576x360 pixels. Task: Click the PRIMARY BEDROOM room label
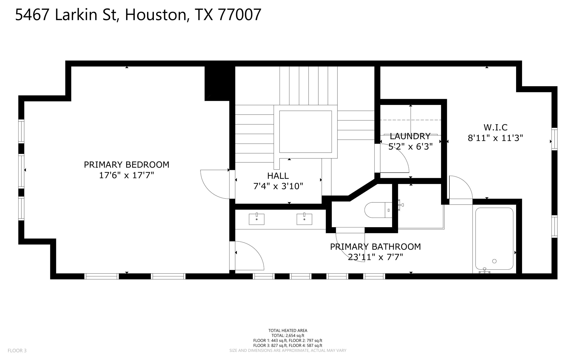click(x=127, y=165)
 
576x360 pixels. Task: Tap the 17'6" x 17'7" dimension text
click(x=127, y=175)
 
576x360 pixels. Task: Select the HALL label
click(x=278, y=176)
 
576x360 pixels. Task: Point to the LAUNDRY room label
click(x=410, y=136)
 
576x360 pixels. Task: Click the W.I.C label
click(x=495, y=128)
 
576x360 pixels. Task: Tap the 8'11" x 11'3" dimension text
click(x=495, y=138)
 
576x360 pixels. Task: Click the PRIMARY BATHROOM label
click(x=375, y=247)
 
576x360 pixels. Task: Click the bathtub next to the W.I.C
click(x=494, y=239)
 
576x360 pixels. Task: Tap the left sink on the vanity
click(x=256, y=219)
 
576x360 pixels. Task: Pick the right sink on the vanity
click(x=304, y=219)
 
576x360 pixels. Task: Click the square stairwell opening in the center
click(x=305, y=131)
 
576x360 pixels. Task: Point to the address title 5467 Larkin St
click(x=138, y=15)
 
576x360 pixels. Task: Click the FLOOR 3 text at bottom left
click(x=17, y=350)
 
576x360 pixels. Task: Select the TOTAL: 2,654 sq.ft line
click(x=288, y=336)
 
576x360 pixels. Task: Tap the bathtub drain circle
click(x=494, y=261)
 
